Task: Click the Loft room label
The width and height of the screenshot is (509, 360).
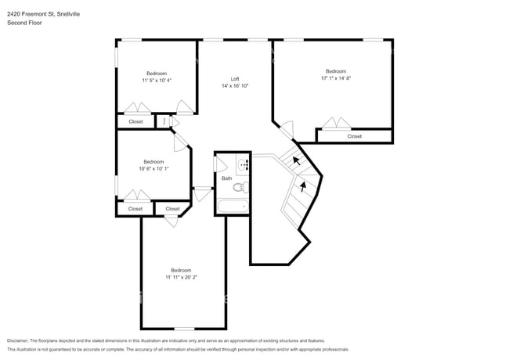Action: pos(235,79)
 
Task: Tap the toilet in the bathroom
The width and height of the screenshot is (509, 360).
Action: pos(240,188)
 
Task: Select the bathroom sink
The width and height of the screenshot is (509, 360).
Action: pos(243,165)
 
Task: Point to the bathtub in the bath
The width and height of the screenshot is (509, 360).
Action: pos(233,207)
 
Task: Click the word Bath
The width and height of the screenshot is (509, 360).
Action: pos(227,178)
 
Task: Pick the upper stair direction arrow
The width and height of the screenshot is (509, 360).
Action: pos(296,160)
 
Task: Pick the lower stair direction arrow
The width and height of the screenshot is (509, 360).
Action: pos(303,187)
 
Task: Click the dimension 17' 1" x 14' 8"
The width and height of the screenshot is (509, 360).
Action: pos(336,78)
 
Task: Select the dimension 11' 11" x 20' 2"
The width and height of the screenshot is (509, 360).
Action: pos(182,277)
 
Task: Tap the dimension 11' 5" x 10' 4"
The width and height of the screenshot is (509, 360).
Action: pos(157,81)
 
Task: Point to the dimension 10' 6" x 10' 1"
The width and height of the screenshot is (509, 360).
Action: pos(153,168)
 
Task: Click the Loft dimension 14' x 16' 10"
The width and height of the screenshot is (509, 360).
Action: pos(235,86)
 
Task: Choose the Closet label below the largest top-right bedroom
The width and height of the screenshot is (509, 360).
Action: pos(355,136)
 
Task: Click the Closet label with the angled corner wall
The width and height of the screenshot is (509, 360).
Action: pos(172,209)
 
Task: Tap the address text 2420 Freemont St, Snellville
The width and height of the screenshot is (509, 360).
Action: pos(44,14)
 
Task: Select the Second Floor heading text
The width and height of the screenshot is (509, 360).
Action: pos(24,23)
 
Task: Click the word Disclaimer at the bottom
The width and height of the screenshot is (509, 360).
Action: pos(18,341)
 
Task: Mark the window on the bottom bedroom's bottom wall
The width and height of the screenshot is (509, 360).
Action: pos(184,329)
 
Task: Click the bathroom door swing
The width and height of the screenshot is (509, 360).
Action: pos(221,164)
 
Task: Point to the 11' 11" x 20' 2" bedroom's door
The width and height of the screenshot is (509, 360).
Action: pos(171,221)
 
